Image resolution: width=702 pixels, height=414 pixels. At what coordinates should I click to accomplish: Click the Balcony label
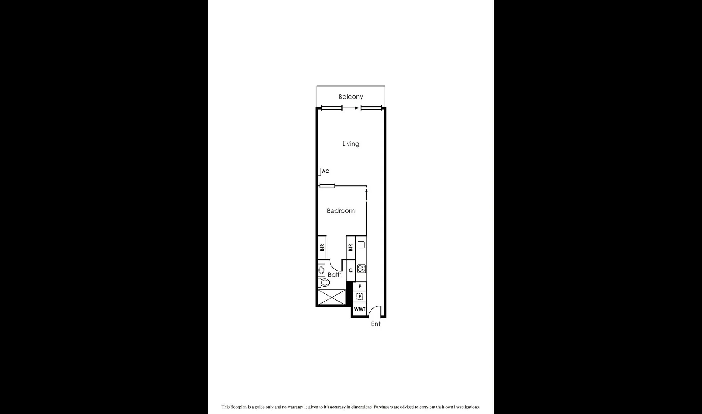tap(351, 97)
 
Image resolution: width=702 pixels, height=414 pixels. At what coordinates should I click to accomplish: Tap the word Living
tap(351, 144)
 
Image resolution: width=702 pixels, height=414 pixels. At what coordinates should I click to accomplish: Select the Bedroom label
tap(341, 211)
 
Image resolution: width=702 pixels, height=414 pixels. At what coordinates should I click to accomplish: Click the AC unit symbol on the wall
tap(319, 171)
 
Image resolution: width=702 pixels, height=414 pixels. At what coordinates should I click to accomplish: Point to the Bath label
tap(335, 275)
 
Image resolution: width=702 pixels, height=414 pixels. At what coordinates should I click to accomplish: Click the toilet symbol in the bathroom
tap(324, 283)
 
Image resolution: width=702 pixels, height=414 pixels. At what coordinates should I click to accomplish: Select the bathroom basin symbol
tap(321, 270)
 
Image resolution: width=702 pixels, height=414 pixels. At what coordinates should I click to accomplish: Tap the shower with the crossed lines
tap(332, 297)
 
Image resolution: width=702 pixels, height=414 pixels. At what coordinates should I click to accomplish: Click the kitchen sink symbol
tap(361, 245)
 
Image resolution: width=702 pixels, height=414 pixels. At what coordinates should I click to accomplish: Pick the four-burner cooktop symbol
tap(361, 268)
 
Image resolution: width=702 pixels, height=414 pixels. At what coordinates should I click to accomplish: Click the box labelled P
tap(360, 286)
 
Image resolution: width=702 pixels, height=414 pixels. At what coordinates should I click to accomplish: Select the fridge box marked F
tap(360, 296)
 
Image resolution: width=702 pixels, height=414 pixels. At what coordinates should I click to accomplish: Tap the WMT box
tap(359, 309)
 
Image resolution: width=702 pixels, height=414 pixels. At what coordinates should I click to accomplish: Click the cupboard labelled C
tap(351, 271)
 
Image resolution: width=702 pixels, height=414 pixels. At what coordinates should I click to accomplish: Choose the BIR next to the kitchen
tap(350, 248)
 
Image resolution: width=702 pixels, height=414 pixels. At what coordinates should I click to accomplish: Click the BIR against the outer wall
tap(322, 247)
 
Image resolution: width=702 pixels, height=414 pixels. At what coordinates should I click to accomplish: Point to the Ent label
tap(376, 324)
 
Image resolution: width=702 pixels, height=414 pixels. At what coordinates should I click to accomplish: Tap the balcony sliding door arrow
tap(351, 108)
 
